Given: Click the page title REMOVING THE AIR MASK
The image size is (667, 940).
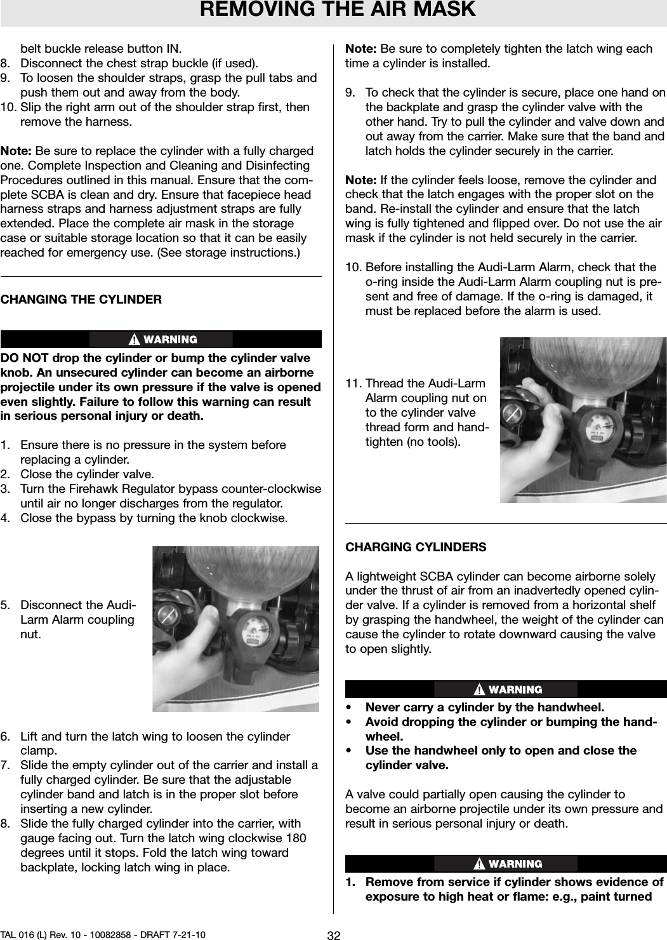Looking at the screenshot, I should point(338,10).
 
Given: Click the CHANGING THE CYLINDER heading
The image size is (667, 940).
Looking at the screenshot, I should point(81,299).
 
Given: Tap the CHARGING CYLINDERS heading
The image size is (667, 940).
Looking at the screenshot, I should point(416,547).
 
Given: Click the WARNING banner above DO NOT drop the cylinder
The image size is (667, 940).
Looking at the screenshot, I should point(161,340).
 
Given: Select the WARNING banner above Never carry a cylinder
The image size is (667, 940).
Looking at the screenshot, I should point(506,689).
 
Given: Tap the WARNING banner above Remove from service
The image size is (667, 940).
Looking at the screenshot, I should point(506,864).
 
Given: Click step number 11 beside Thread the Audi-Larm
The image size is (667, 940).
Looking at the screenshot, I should point(353,384).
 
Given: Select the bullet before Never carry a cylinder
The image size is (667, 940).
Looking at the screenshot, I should point(349,708).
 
